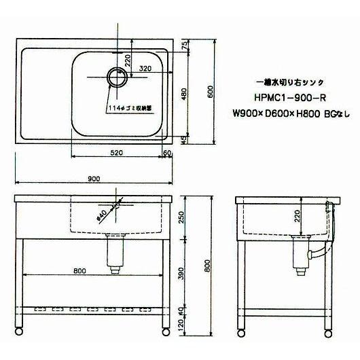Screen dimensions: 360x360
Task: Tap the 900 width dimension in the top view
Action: [94, 179]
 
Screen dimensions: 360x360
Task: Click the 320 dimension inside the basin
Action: [145, 69]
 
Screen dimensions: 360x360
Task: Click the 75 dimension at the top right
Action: [184, 44]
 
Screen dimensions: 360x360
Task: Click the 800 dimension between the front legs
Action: [80, 271]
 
